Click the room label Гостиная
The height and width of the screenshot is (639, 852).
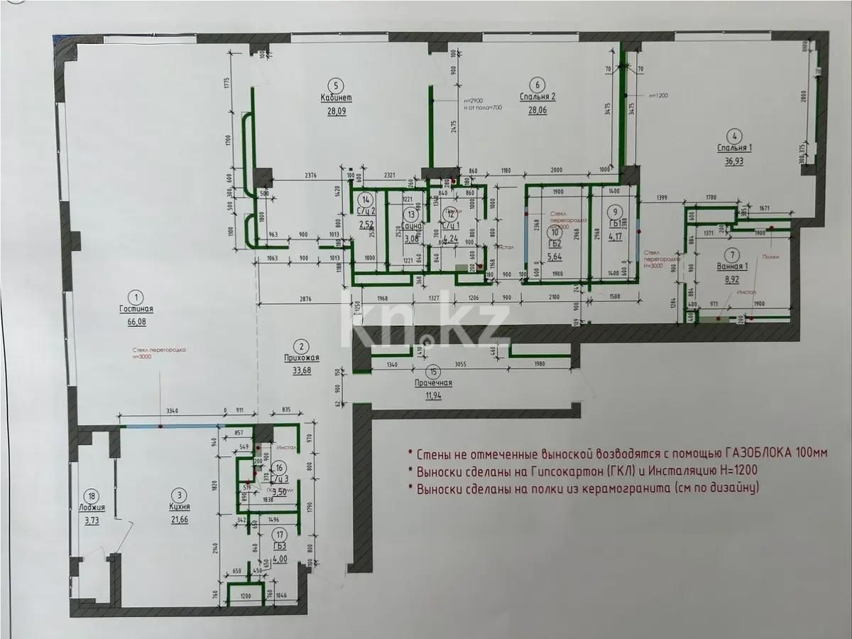138,309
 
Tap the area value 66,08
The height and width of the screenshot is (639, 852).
138,321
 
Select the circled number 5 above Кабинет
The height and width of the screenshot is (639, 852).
338,83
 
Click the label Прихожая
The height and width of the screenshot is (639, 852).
302,358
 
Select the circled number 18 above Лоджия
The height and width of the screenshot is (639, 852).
90,495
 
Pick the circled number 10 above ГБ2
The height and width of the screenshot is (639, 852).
557,231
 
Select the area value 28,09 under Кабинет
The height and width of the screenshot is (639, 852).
337,110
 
